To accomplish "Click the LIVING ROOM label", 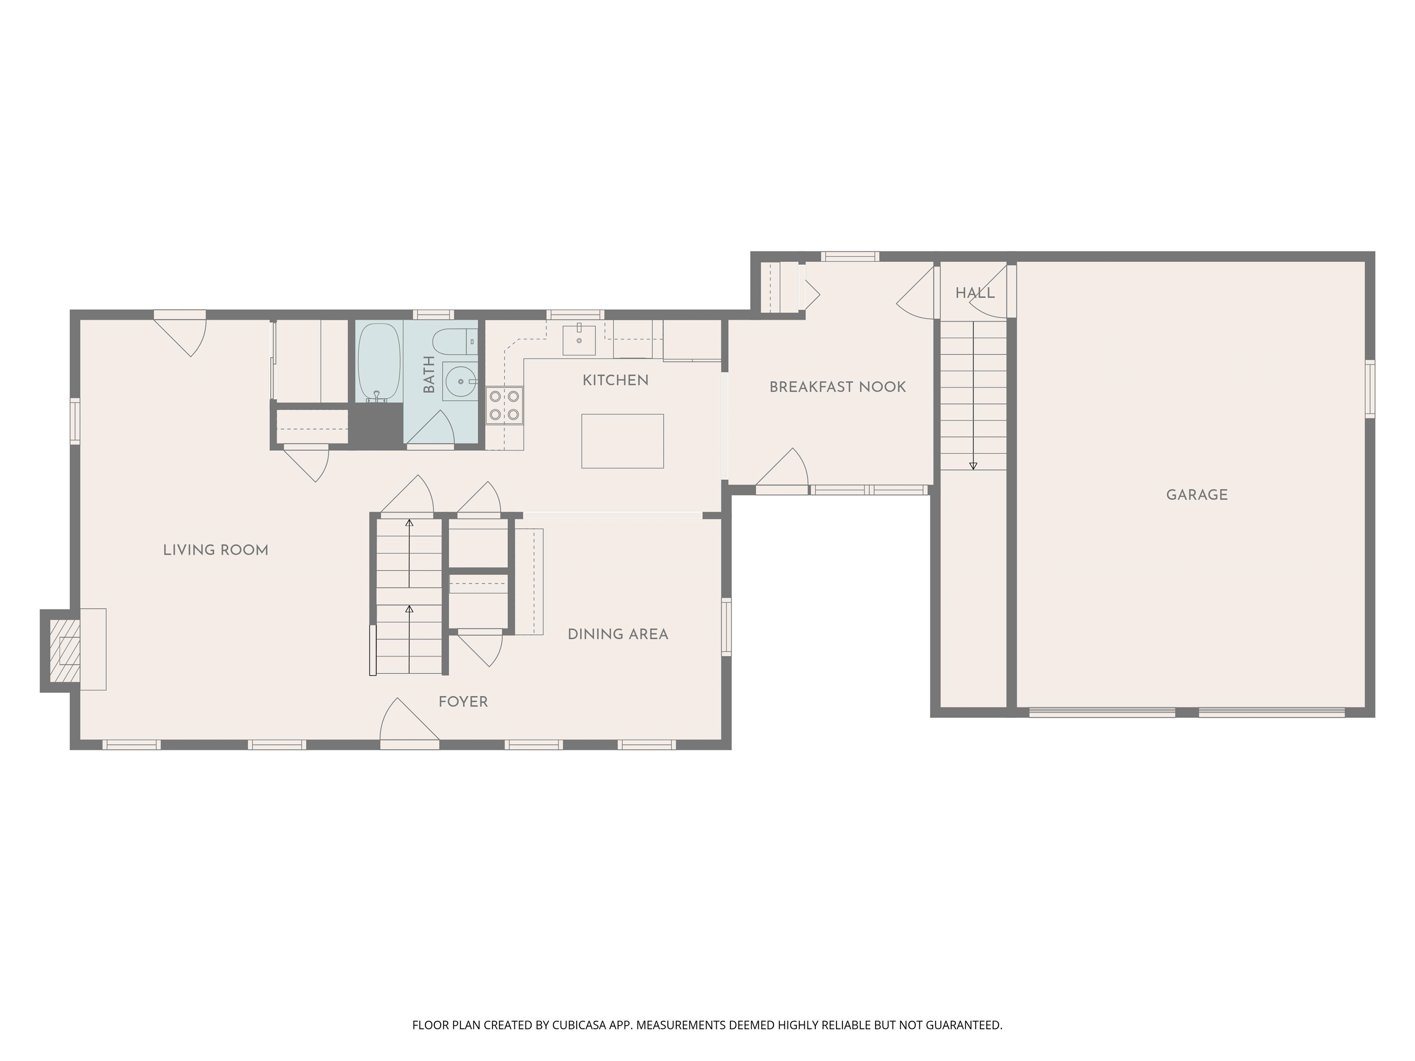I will pyautogui.click(x=216, y=550).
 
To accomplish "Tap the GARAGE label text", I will pyautogui.click(x=1196, y=495).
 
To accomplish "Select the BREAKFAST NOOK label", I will pyautogui.click(x=837, y=387).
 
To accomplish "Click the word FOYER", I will pyautogui.click(x=463, y=702).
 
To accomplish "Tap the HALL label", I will pyautogui.click(x=975, y=293).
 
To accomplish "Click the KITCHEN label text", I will pyautogui.click(x=615, y=380).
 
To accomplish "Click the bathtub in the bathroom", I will pyautogui.click(x=379, y=361).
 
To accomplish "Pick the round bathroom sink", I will pyautogui.click(x=461, y=382).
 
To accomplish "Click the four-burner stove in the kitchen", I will pyautogui.click(x=504, y=405).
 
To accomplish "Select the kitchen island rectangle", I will pyautogui.click(x=622, y=441).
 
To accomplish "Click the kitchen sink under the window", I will pyautogui.click(x=579, y=339).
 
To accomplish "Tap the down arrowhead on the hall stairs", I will pyautogui.click(x=973, y=466).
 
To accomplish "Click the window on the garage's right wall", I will pyautogui.click(x=1369, y=389).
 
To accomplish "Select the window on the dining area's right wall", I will pyautogui.click(x=726, y=626).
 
